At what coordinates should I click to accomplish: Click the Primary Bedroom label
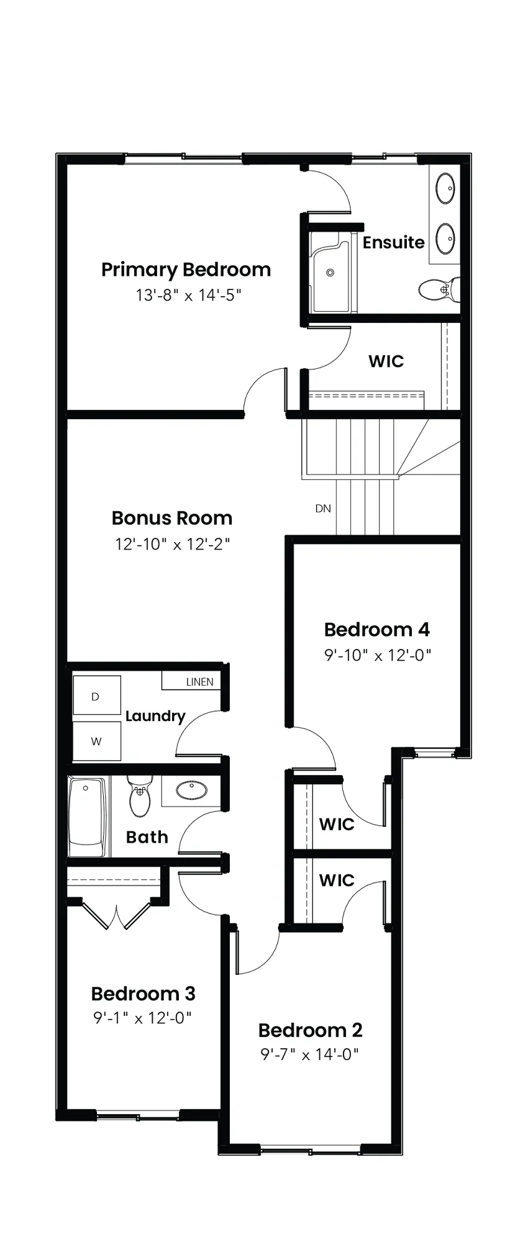pyautogui.click(x=186, y=270)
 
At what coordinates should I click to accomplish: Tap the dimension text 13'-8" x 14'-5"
pyautogui.click(x=188, y=294)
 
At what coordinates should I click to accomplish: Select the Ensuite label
pyautogui.click(x=394, y=242)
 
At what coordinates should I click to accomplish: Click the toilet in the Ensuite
pyautogui.click(x=439, y=289)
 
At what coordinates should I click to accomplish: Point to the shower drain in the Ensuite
pyautogui.click(x=330, y=273)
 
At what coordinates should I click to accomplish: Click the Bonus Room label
pyautogui.click(x=172, y=518)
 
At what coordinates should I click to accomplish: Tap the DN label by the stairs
pyautogui.click(x=323, y=509)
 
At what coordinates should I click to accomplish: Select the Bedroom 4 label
pyautogui.click(x=377, y=630)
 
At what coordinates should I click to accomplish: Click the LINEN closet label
pyautogui.click(x=199, y=682)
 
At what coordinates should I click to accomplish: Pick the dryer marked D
pyautogui.click(x=96, y=696)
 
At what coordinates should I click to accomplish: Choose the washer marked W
pyautogui.click(x=96, y=741)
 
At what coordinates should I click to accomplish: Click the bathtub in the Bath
pyautogui.click(x=88, y=817)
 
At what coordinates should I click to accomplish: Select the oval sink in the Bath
pyautogui.click(x=192, y=790)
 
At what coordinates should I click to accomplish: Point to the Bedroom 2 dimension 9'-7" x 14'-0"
pyautogui.click(x=310, y=1054)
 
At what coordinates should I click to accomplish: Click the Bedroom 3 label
pyautogui.click(x=143, y=994)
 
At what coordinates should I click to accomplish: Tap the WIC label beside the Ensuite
pyautogui.click(x=386, y=361)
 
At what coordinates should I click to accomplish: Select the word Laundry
pyautogui.click(x=155, y=716)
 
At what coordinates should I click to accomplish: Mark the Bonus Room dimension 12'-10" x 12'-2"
pyautogui.click(x=173, y=545)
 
